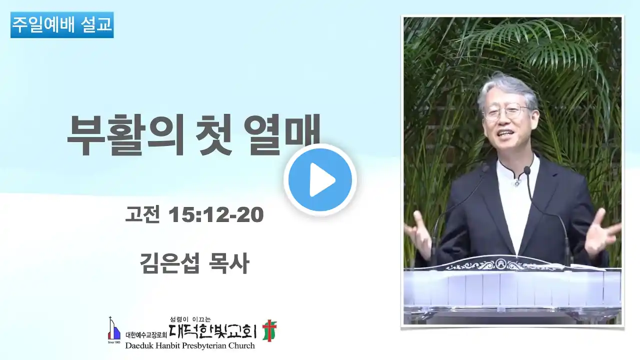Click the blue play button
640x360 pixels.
320,180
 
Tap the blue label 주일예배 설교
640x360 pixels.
62,25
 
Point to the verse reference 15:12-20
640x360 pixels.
216,215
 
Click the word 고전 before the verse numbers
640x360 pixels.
142,214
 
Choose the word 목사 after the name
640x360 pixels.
229,263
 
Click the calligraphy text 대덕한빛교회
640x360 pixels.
212,331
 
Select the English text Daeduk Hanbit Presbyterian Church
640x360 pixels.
190,345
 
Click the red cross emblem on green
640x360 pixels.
269,330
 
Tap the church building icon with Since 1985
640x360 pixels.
114,330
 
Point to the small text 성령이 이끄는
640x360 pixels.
190,319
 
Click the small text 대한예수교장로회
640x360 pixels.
146,335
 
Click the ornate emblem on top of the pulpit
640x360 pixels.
500,263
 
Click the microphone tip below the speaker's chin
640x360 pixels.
527,170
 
